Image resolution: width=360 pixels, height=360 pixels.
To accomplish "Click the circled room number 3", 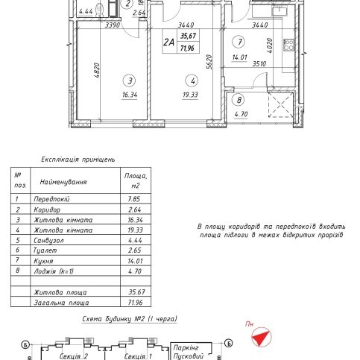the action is coord(130,80).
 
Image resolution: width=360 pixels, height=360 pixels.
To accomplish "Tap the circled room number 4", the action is coord(192,80).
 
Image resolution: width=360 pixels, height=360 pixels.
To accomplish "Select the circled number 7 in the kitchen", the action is coord(239,42).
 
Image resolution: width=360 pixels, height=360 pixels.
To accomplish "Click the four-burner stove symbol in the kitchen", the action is coord(288,45).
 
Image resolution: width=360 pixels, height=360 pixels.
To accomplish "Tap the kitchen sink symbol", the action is coord(280,10).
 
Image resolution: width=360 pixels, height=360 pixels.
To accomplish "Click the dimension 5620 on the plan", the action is coord(209,62).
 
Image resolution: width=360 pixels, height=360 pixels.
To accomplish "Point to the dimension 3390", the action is coord(113,25).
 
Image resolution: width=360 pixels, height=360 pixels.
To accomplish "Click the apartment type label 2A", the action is coord(168,42).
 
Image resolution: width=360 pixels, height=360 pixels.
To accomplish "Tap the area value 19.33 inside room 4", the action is coord(190,95).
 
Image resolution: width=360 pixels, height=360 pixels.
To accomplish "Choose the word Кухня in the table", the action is coord(43,261).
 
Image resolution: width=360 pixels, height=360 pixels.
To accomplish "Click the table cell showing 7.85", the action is coord(134,199).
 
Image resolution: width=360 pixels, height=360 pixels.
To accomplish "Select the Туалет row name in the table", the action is coord(45,250).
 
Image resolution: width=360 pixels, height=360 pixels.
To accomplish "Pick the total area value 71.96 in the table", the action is coord(136,303).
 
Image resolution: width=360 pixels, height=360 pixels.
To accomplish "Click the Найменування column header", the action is coord(63,182).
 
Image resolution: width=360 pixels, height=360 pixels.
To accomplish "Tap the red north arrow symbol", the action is coord(261,337).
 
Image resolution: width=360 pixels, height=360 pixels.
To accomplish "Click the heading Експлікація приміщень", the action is coord(78,160).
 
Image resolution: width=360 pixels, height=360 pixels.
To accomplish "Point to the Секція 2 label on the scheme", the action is coord(74,356).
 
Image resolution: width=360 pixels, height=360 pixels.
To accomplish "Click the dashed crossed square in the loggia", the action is coord(280,104).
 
